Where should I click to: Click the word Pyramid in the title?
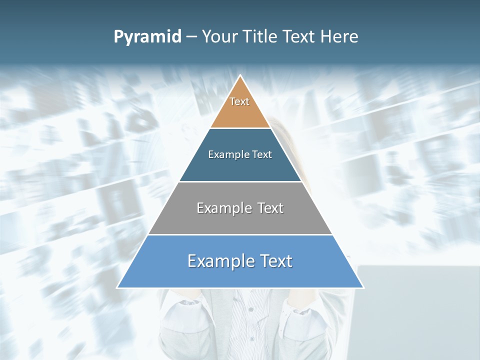147,37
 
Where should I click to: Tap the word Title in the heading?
260,37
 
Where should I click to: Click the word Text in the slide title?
299,37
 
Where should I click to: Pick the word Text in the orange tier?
239,101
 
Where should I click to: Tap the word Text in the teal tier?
262,155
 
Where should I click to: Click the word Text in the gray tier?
270,208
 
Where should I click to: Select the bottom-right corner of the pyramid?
363,287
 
